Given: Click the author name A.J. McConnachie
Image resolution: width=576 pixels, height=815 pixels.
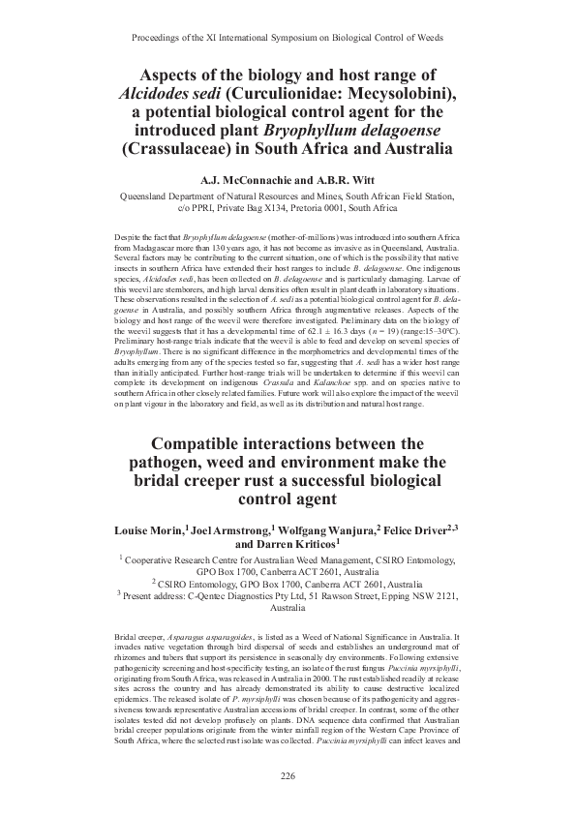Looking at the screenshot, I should coord(244,180).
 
